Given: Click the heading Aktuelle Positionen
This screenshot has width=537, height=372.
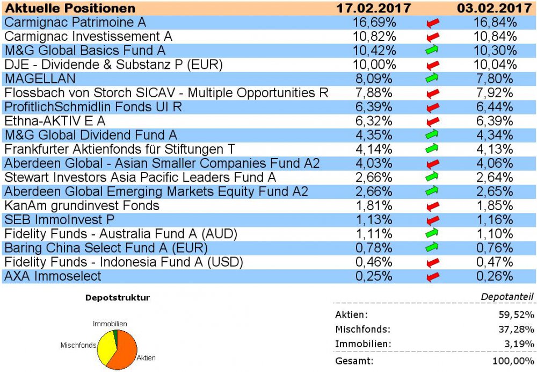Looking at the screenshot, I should (70, 8).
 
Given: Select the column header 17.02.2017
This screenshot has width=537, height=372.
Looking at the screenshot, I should (373, 8).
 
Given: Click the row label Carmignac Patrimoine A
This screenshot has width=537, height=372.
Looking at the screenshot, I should (75, 23).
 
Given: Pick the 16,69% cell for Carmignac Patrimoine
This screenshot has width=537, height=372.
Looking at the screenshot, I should (375, 23).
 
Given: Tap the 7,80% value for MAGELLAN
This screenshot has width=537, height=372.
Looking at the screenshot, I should (496, 78).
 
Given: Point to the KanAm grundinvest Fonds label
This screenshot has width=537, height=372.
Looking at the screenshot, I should (82, 205).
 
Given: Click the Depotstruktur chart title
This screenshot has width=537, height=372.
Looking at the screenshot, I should (118, 297).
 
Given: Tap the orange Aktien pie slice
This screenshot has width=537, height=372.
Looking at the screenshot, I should (126, 352).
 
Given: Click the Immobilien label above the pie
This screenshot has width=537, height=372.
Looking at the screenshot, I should (110, 324).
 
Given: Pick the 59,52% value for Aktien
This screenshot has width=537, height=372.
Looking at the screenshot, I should (516, 315).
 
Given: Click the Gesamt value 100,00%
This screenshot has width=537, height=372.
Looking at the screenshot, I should (514, 361).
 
